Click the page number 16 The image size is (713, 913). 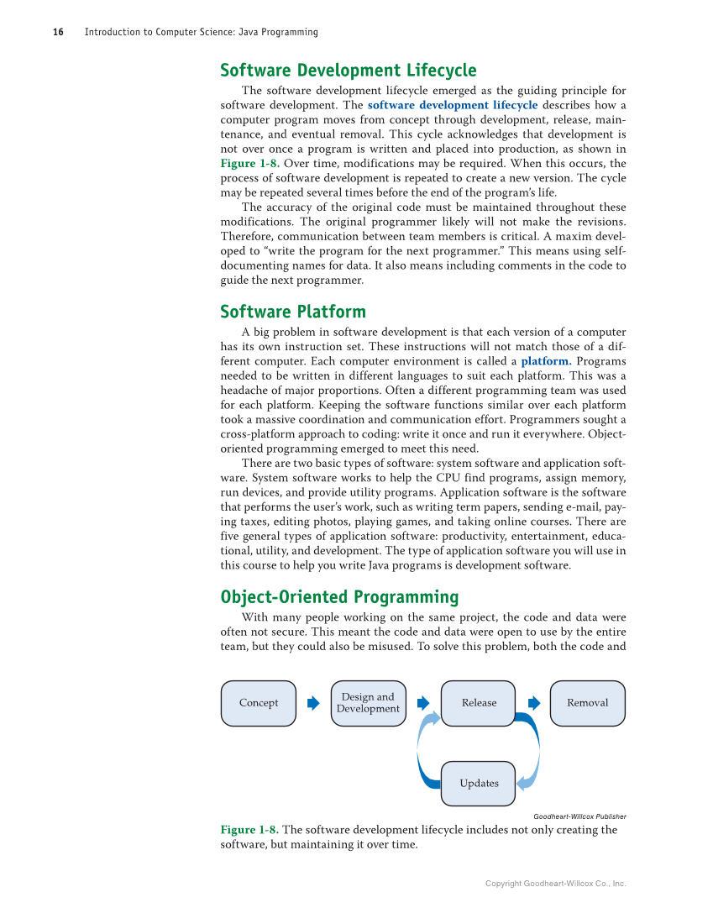point(58,32)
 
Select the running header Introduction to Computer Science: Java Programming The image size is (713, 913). point(201,32)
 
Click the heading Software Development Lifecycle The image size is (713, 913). point(348,71)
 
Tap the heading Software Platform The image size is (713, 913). point(292,312)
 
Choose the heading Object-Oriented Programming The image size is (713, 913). point(339,596)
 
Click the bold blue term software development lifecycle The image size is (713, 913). point(453,105)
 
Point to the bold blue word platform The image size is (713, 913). point(546,361)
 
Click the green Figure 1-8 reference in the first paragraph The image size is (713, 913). point(249,163)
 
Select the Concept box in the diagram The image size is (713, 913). point(259,703)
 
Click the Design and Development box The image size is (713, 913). point(368,703)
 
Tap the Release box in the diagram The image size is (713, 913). point(478,703)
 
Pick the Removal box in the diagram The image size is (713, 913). point(587,703)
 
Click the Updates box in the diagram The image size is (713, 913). point(478,783)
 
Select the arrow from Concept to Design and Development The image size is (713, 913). point(313,703)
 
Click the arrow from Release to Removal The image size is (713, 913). point(533,703)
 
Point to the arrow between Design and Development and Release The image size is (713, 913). point(423,703)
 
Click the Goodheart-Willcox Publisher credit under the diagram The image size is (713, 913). point(579,816)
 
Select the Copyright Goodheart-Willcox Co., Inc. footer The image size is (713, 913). point(555,884)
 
